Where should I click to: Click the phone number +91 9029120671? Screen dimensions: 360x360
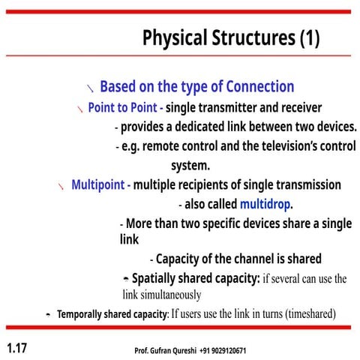click(x=223, y=350)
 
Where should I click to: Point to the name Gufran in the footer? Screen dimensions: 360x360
click(x=166, y=350)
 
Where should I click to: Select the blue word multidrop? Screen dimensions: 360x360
click(x=265, y=204)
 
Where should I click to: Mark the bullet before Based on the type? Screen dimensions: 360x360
click(x=90, y=88)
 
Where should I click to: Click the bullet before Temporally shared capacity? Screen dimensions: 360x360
click(x=48, y=314)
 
